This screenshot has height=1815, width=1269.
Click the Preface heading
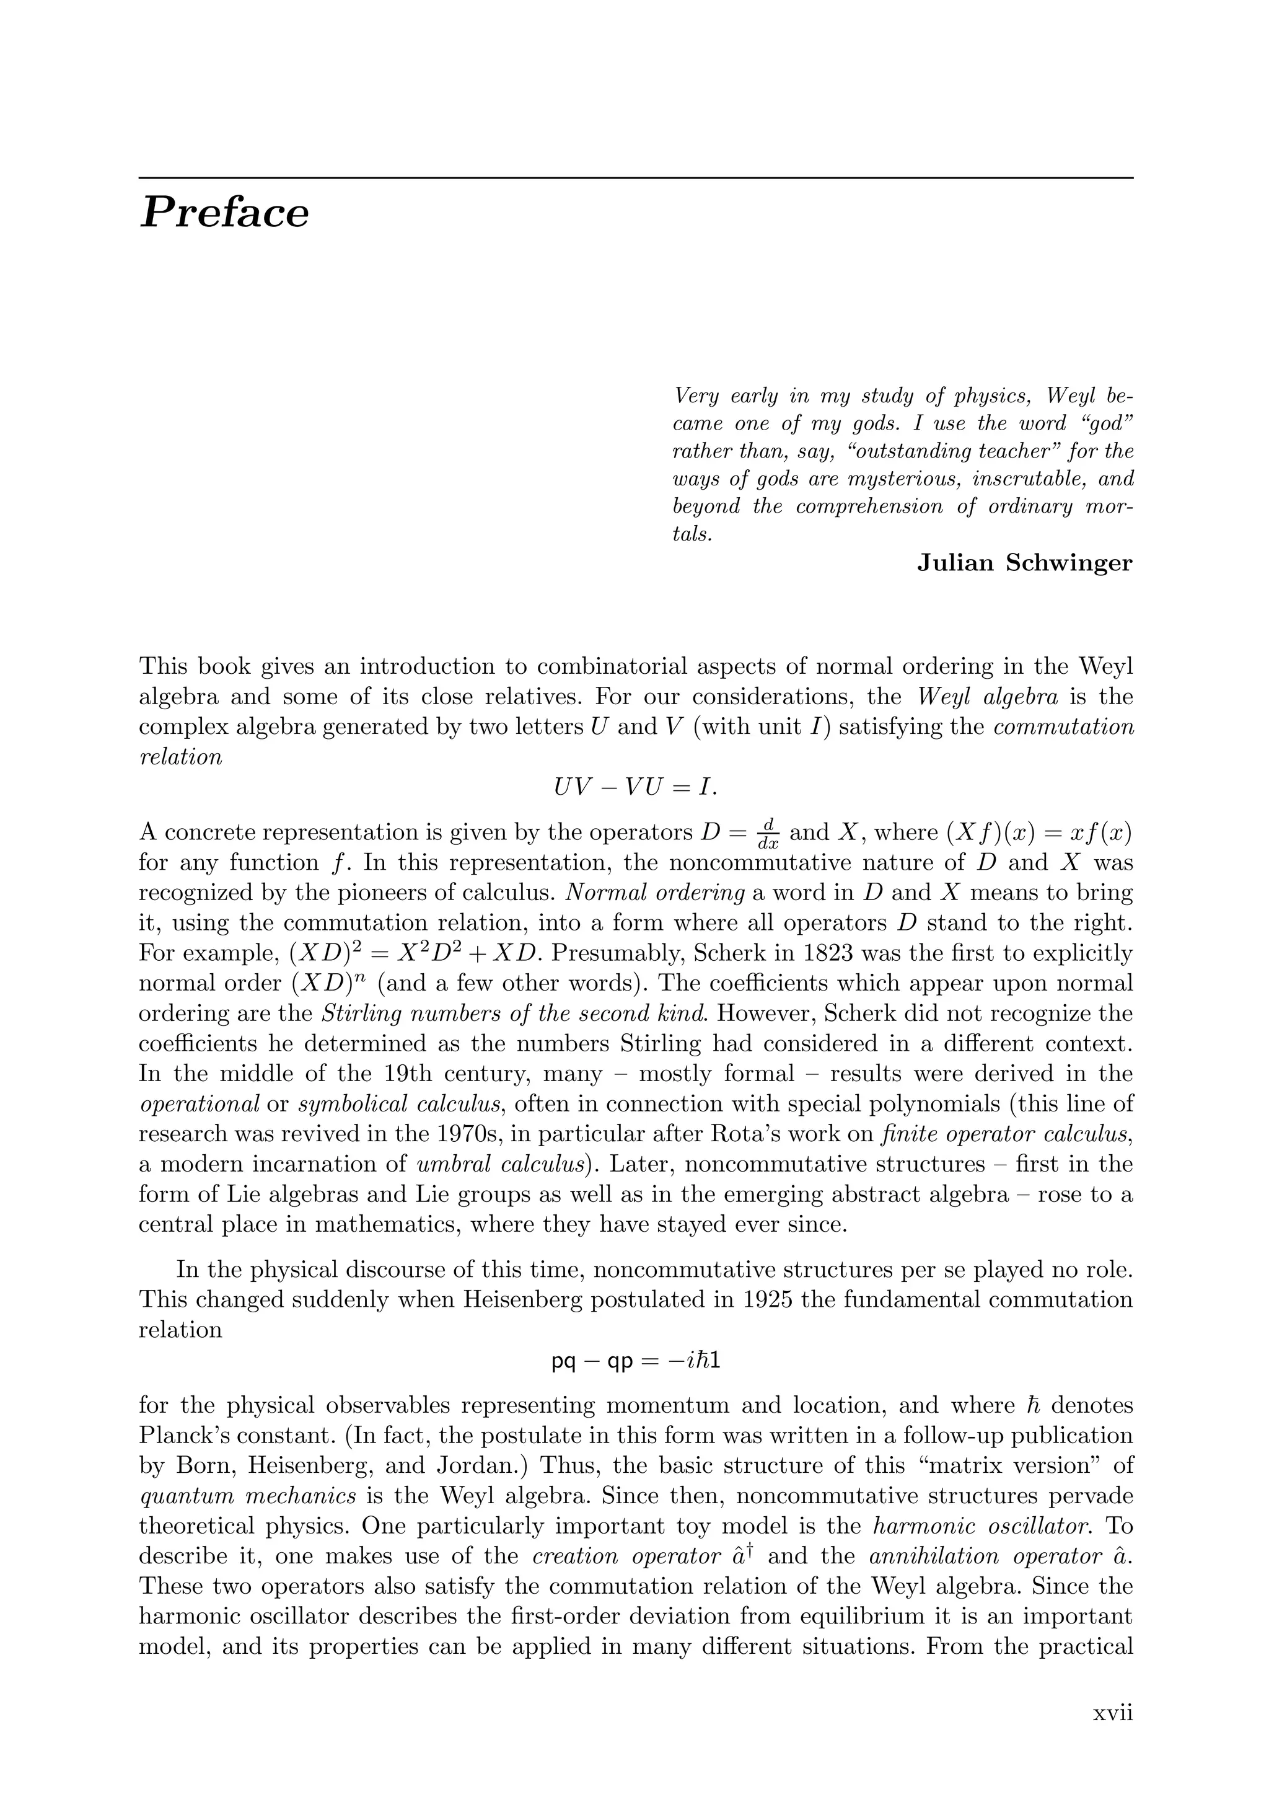click(x=224, y=213)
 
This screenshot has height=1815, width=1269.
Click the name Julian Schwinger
click(x=1024, y=563)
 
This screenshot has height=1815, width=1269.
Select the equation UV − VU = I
click(x=634, y=787)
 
